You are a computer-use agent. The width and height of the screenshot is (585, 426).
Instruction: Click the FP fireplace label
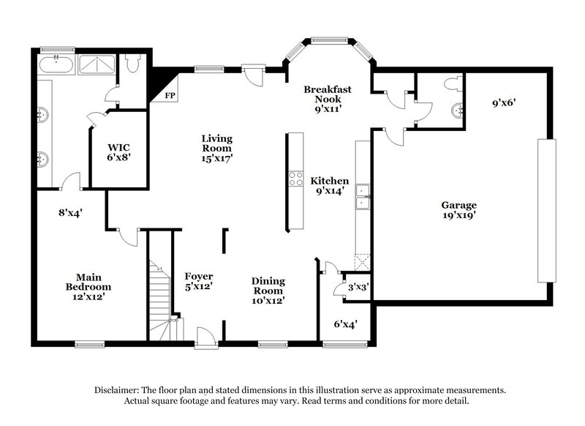pos(170,96)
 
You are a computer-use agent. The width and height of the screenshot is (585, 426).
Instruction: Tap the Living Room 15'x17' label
pos(217,147)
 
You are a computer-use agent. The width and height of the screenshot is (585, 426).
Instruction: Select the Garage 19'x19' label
pos(458,211)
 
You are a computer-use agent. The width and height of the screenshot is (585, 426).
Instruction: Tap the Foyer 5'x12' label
pos(198,281)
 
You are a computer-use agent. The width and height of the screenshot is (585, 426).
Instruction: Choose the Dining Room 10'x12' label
pos(268,291)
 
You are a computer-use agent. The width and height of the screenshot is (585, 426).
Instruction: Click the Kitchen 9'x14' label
pos(329,187)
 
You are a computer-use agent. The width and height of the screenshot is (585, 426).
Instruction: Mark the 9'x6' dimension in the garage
pos(505,104)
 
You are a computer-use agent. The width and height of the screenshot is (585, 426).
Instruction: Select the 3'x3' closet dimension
pos(358,288)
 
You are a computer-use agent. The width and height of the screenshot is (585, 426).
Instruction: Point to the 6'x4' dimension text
pos(345,323)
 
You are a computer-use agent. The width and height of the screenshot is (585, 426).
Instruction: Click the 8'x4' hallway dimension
pos(70,213)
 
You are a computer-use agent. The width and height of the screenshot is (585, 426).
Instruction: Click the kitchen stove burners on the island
pos(297,179)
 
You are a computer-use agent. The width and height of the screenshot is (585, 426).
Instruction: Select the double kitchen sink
pos(363,193)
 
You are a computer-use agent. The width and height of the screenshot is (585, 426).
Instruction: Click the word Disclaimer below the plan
pos(119,391)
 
